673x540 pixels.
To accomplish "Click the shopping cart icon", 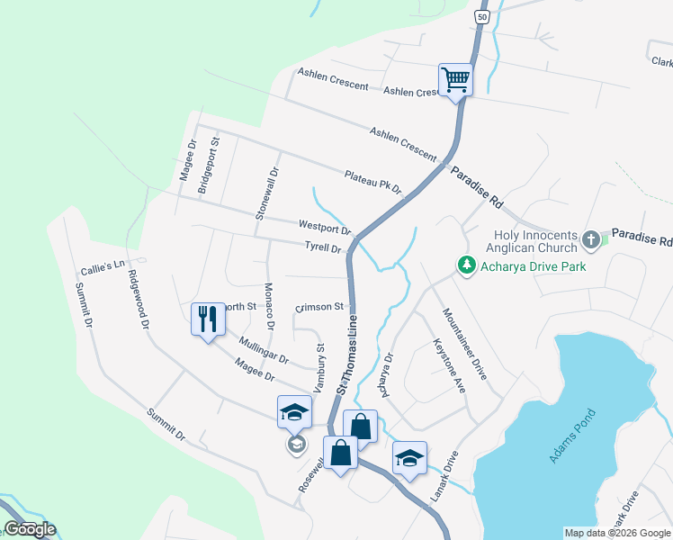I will pos(455,79).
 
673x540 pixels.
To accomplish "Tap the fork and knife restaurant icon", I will pos(208,318).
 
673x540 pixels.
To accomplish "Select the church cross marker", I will pos(591,239).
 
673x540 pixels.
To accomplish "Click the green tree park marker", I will pos(466,266).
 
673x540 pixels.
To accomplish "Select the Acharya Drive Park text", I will pos(534,266).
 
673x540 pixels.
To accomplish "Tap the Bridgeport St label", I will pos(214,160).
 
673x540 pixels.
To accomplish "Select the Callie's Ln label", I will pos(101,269).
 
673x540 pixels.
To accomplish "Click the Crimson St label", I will pos(319,307).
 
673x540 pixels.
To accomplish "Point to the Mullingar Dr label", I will pos(264,349).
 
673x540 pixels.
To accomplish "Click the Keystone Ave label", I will pos(449,365).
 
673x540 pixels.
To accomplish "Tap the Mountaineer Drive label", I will pos(464,343).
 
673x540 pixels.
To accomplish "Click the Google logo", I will pos(30,529).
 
